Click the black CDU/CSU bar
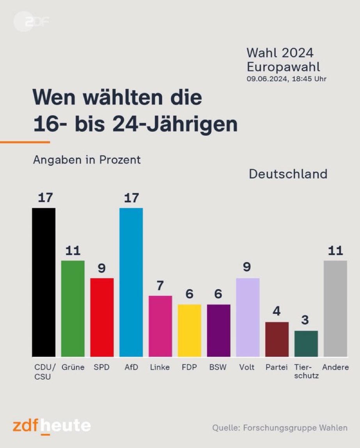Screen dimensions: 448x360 click(44, 282)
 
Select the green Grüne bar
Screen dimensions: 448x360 click(73, 308)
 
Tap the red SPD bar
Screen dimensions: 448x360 click(102, 317)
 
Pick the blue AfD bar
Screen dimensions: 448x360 click(131, 282)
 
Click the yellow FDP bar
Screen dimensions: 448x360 click(190, 330)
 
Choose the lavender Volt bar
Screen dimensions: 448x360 click(248, 317)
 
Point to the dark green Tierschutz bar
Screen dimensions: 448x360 click(306, 343)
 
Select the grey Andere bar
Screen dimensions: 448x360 click(335, 308)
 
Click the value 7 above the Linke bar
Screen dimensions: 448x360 click(160, 286)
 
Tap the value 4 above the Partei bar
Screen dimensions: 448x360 click(277, 312)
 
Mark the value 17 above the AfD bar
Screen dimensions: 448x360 click(131, 198)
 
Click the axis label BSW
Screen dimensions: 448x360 click(218, 368)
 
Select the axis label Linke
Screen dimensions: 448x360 click(160, 368)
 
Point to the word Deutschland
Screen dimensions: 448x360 click(288, 174)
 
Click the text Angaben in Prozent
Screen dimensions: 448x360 click(87, 160)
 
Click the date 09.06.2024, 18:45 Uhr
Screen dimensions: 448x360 click(286, 79)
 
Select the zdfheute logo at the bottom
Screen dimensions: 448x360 click(51, 426)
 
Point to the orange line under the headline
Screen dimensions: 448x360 click(25, 142)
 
